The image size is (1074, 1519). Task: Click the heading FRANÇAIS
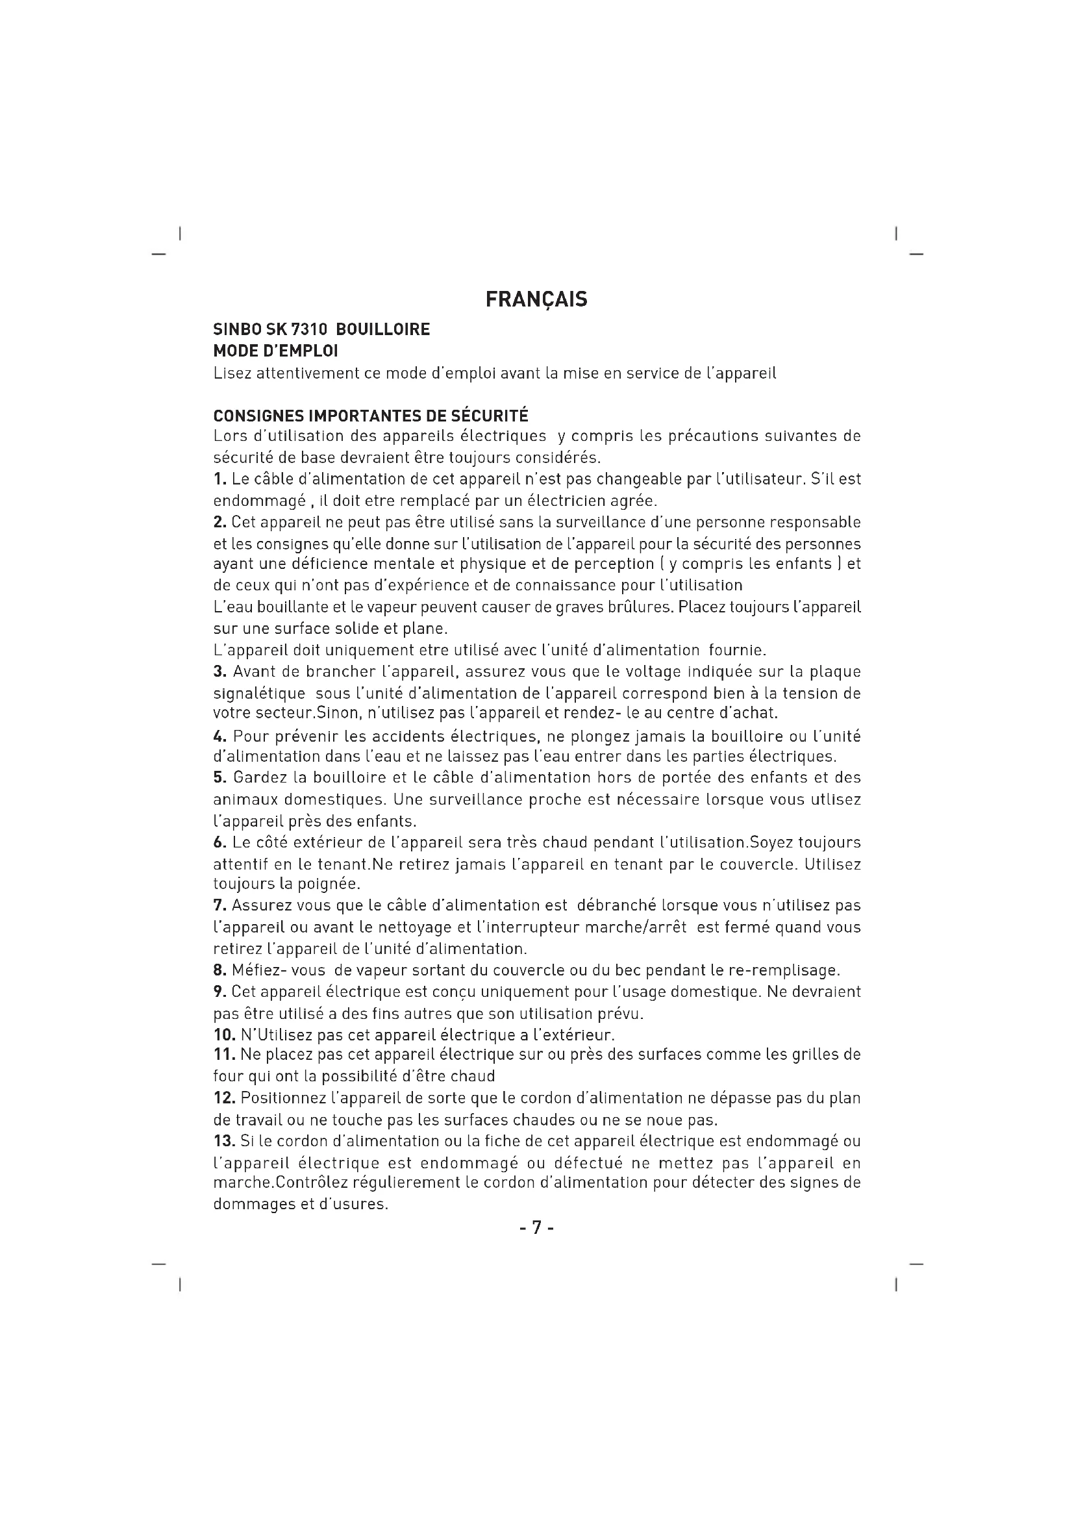[x=536, y=299]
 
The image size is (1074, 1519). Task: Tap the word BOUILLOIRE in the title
[x=383, y=329]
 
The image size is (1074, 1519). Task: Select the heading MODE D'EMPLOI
[x=275, y=351]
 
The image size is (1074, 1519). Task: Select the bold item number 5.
[x=219, y=777]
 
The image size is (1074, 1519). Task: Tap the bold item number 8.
[x=219, y=970]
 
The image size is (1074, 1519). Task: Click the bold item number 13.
[x=224, y=1141]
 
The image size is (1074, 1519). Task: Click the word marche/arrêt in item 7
[x=645, y=927]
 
